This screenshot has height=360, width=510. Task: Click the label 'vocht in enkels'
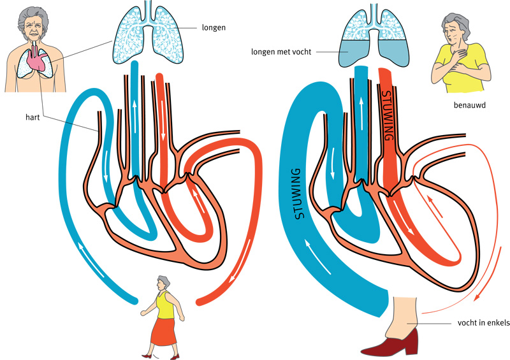pyautogui.click(x=484, y=323)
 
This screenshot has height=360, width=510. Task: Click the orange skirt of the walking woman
pyautogui.click(x=163, y=331)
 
